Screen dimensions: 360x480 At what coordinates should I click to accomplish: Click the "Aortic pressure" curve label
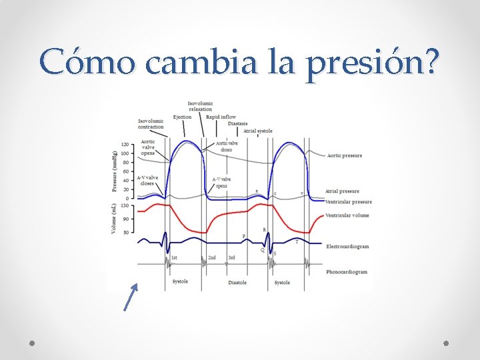[x=344, y=155]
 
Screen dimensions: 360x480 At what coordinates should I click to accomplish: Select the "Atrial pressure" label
[x=342, y=191]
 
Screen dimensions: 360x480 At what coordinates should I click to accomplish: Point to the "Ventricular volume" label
[x=347, y=215]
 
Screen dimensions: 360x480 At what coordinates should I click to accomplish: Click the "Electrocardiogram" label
[x=347, y=247]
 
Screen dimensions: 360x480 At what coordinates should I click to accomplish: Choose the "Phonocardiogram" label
[x=347, y=272]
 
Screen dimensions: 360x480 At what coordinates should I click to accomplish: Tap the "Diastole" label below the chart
[x=237, y=283]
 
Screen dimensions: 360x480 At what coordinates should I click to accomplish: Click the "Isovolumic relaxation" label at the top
[x=200, y=107]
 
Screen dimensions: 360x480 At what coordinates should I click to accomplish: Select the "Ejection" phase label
[x=182, y=117]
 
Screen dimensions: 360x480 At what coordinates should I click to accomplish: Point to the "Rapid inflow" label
[x=221, y=117]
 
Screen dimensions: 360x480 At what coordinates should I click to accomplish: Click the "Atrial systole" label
[x=258, y=131]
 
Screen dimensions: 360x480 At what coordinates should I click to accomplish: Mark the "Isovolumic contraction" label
[x=151, y=124]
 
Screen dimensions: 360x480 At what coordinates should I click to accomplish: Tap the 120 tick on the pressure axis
[x=125, y=144]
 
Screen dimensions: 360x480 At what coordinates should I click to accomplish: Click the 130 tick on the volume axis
[x=125, y=206]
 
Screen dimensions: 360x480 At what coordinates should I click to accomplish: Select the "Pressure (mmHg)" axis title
[x=115, y=170]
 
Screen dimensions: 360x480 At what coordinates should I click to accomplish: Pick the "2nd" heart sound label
[x=212, y=258]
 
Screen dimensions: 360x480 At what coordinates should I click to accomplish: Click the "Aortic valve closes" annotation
[x=227, y=147]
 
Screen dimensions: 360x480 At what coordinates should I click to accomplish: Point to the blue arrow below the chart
[x=131, y=297]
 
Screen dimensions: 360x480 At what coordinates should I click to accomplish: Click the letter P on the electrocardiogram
[x=243, y=236]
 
